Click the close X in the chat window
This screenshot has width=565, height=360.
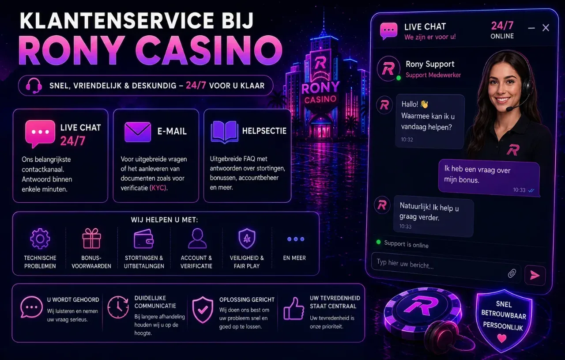(x=546, y=28)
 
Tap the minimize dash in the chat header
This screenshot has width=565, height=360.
(x=531, y=28)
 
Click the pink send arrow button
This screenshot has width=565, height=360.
(x=535, y=275)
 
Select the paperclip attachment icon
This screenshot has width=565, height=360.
(x=512, y=273)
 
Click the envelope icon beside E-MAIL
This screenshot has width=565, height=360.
(x=138, y=132)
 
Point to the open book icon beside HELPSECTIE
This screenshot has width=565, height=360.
(x=224, y=132)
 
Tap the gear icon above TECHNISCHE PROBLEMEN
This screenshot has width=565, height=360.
(x=40, y=239)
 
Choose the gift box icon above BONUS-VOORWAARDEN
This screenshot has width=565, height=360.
(x=91, y=239)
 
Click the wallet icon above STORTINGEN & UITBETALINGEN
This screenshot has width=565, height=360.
(x=143, y=239)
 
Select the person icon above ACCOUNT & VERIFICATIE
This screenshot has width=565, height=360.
(x=197, y=239)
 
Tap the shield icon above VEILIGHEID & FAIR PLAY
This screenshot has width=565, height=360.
(x=247, y=239)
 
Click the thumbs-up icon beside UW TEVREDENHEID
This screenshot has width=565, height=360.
(x=294, y=308)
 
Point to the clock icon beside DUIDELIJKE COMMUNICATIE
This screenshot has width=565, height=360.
(x=118, y=307)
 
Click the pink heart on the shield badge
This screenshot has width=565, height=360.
(x=502, y=338)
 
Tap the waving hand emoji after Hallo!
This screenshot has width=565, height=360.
(x=424, y=104)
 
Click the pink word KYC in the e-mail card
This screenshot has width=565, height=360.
(x=158, y=188)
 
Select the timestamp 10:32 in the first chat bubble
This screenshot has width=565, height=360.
(x=407, y=139)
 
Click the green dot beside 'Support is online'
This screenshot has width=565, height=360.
(x=378, y=242)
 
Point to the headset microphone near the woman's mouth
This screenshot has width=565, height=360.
(x=509, y=109)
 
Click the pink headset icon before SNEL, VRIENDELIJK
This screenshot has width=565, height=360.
(x=34, y=86)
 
